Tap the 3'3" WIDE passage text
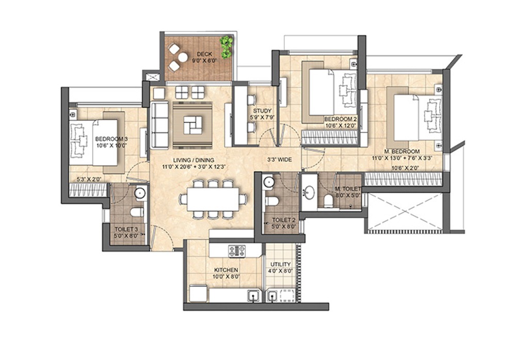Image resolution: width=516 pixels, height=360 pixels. (x=279, y=160)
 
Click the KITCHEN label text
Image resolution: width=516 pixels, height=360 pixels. (x=226, y=270)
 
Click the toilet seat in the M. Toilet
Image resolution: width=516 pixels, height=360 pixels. (x=329, y=201)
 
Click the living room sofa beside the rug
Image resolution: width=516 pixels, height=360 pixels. (x=159, y=124)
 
